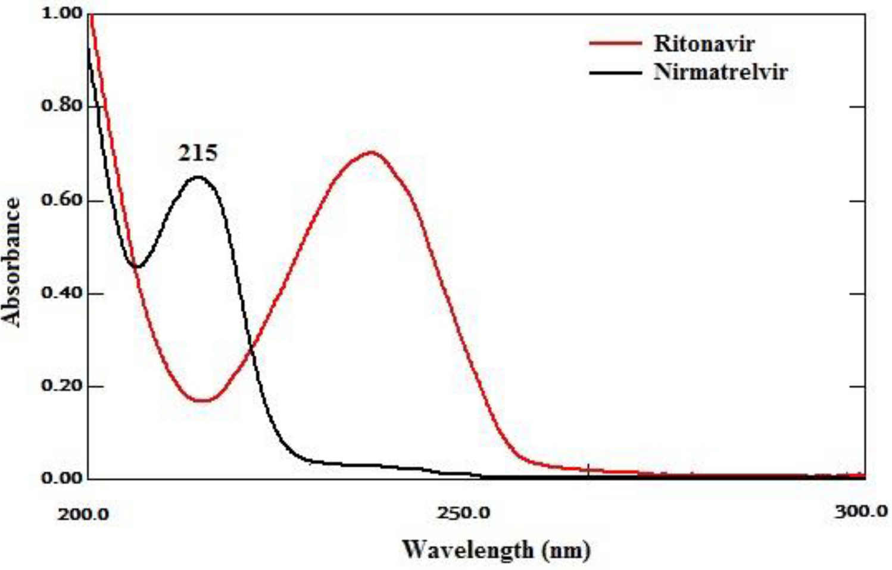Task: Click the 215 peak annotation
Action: (198, 154)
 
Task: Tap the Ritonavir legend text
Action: (704, 43)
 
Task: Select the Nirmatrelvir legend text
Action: (721, 72)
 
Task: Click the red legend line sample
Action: (615, 43)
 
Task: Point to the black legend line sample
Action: (615, 73)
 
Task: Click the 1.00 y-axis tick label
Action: (62, 13)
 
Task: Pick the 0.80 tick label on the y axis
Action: (62, 106)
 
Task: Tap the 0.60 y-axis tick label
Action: (62, 199)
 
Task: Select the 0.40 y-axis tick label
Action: (62, 293)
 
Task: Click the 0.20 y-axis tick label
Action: (62, 386)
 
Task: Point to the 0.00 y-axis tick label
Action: (62, 478)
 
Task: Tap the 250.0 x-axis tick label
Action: (463, 512)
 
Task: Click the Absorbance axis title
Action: (12, 262)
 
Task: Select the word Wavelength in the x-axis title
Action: (467, 549)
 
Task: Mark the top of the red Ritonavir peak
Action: (372, 152)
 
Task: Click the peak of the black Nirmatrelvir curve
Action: (198, 177)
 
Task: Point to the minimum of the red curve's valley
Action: (202, 400)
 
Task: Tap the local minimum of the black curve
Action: (137, 267)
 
